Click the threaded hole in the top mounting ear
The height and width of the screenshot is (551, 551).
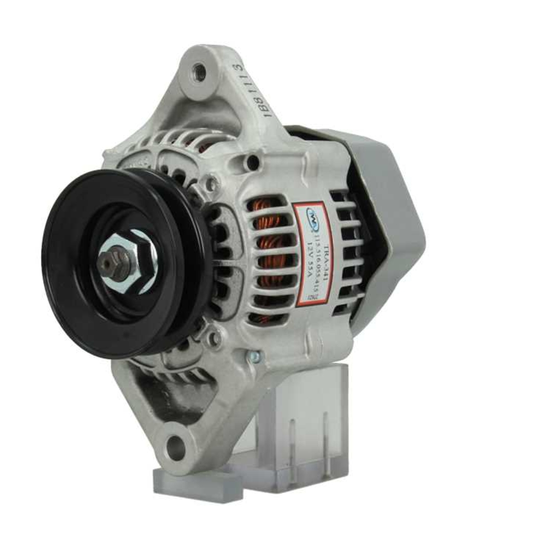pyautogui.click(x=200, y=71)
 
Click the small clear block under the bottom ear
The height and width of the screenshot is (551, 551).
pyautogui.click(x=190, y=485)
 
